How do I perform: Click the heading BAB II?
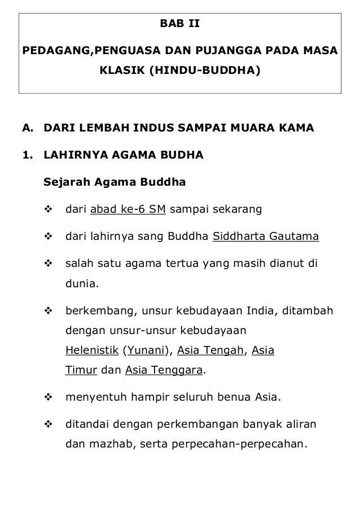(x=180, y=25)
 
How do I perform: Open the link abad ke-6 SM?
(x=128, y=210)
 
